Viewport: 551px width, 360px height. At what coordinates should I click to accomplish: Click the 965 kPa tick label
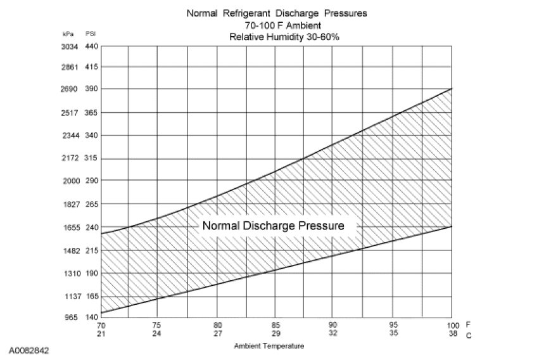tap(70, 317)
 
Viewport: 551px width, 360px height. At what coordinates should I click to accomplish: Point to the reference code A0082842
tap(29, 349)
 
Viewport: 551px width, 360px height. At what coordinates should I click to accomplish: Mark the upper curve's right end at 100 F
tap(451, 89)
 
